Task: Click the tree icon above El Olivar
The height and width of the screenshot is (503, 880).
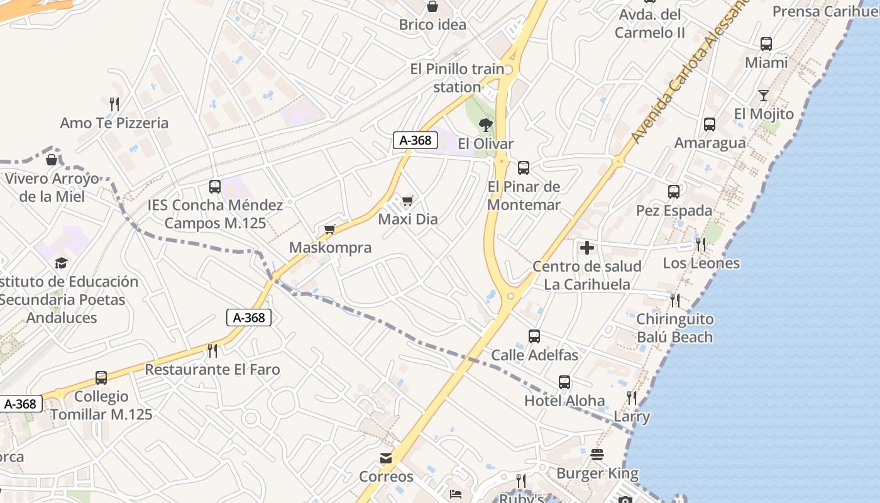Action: (485, 125)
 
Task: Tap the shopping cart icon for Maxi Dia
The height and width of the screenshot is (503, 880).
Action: (408, 201)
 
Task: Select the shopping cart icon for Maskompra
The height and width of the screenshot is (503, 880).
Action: (330, 229)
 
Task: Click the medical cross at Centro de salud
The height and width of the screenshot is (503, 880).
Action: (587, 248)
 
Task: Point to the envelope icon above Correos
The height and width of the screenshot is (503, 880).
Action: (386, 458)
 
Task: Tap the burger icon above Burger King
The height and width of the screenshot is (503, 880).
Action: (597, 455)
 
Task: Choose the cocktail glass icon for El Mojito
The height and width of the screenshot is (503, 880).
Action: (764, 96)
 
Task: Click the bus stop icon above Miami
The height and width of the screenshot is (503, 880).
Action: (766, 44)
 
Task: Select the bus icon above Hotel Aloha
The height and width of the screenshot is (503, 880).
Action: (564, 382)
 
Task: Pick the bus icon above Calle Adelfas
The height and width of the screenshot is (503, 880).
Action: (534, 336)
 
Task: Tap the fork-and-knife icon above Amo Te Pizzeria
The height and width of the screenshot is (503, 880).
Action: (114, 104)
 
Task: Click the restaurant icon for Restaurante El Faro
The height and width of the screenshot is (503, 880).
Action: (212, 350)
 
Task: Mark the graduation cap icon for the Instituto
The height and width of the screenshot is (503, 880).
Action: (61, 263)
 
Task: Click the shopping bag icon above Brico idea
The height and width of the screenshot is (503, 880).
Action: (432, 7)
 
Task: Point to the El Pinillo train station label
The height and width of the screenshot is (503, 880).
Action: (457, 78)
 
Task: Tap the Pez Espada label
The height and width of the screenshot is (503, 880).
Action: (674, 211)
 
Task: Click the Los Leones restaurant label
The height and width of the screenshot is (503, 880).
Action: (701, 263)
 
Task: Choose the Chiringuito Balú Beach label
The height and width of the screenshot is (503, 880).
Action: (674, 328)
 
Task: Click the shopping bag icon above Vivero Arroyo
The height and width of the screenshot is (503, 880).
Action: (52, 160)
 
